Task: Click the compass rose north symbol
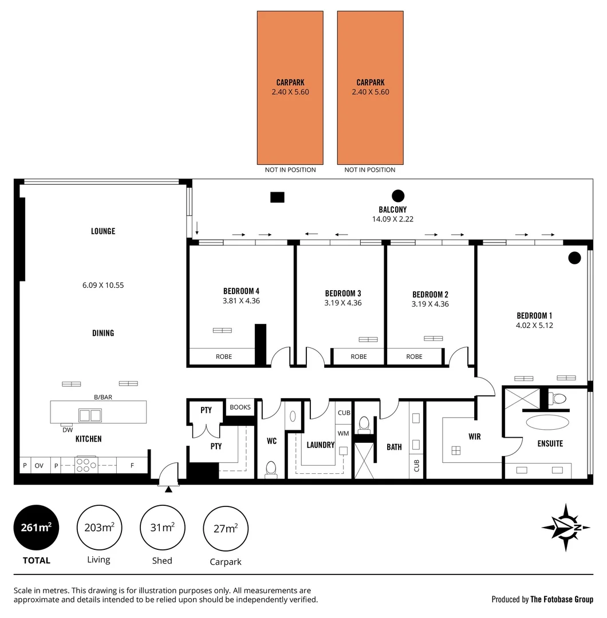[566, 527]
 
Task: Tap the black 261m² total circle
[36, 528]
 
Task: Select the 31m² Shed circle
[162, 528]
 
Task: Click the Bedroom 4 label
[241, 290]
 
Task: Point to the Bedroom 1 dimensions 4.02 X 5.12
[534, 325]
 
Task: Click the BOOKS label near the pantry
[240, 407]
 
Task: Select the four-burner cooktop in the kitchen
[86, 465]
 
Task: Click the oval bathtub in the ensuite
[548, 423]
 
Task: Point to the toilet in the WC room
[271, 469]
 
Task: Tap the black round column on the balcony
[397, 195]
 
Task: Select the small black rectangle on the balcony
[277, 197]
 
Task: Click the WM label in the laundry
[343, 434]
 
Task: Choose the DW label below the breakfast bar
[68, 430]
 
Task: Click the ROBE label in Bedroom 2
[414, 356]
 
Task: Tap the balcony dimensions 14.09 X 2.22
[392, 219]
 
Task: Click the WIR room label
[474, 437]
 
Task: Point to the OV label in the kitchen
[39, 466]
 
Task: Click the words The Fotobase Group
[562, 600]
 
